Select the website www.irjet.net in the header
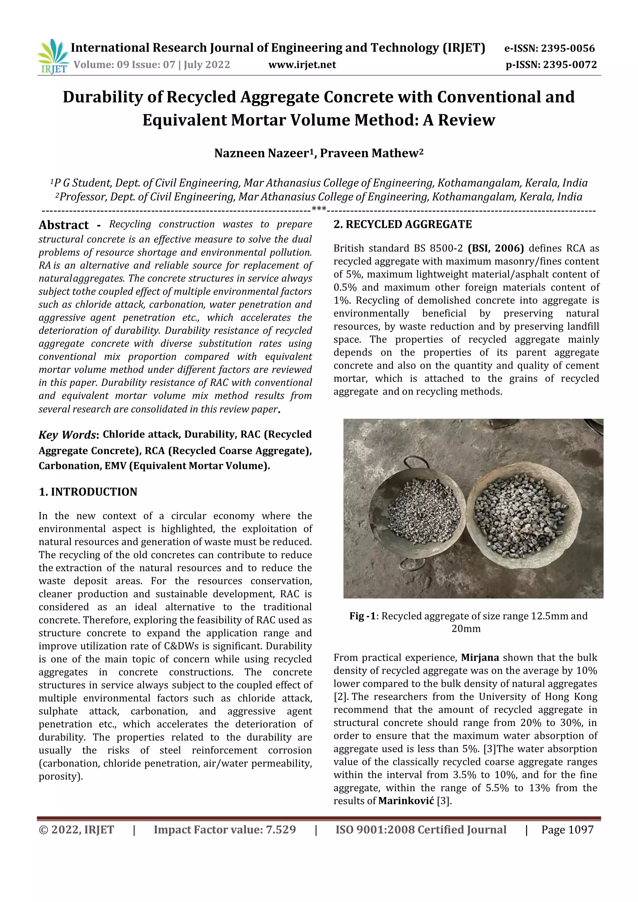tap(302, 65)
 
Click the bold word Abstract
tap(64, 225)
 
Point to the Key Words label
tap(67, 435)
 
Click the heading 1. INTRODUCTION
tap(88, 492)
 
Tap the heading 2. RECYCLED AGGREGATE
tap(402, 224)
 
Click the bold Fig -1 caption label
tap(362, 616)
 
